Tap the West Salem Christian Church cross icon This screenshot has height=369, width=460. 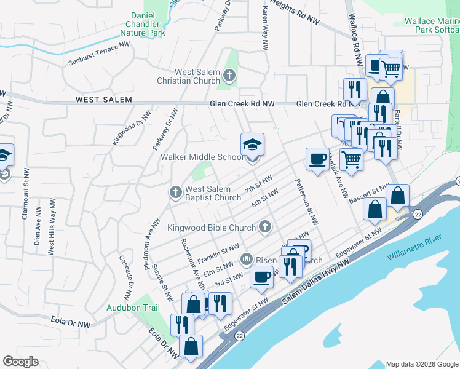click(x=229, y=76)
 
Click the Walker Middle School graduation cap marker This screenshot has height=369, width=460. click(x=252, y=145)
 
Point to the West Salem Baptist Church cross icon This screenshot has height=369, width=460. click(x=176, y=193)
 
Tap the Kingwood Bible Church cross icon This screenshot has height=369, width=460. click(x=265, y=228)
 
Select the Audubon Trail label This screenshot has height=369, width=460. click(x=133, y=307)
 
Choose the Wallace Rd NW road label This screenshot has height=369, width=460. click(x=355, y=40)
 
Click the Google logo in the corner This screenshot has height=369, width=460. click(x=20, y=362)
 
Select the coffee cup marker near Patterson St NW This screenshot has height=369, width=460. click(x=317, y=160)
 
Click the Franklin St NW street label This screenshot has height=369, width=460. click(x=221, y=250)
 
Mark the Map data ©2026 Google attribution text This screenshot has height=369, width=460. click(x=421, y=364)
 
